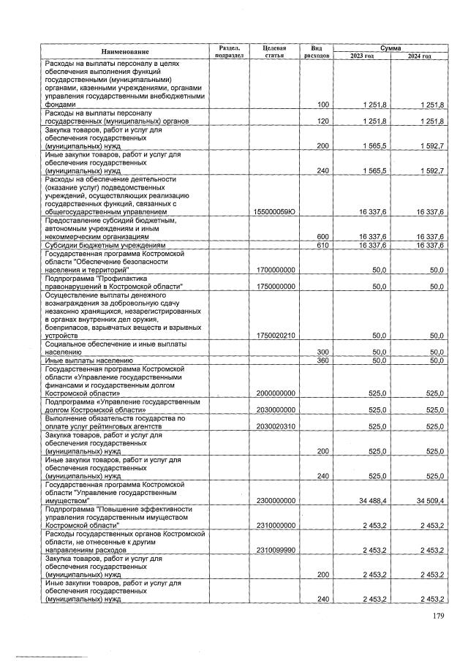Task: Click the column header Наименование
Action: [127, 51]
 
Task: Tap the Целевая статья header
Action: [274, 51]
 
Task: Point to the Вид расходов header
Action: [317, 51]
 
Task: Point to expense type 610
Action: [322, 245]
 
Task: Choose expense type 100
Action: [322, 105]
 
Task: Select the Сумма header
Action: [390, 47]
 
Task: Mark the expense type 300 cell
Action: [322, 352]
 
